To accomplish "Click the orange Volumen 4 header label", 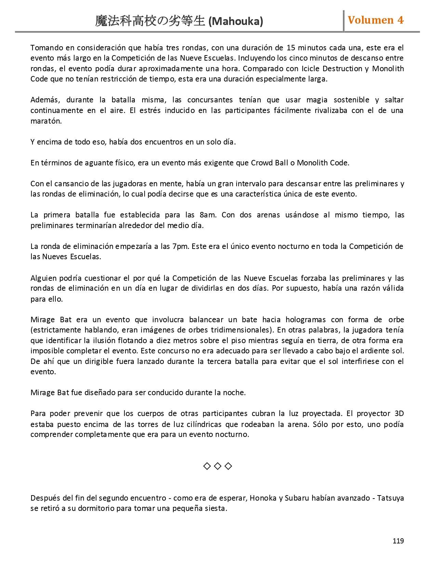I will [x=375, y=20].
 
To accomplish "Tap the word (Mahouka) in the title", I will [x=236, y=22].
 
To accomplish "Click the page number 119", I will [x=398, y=541].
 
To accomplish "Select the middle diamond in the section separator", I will [x=217, y=466].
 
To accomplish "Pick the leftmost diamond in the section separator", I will [x=207, y=466].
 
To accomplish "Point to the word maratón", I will [x=46, y=121].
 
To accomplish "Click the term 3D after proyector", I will [x=399, y=413].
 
